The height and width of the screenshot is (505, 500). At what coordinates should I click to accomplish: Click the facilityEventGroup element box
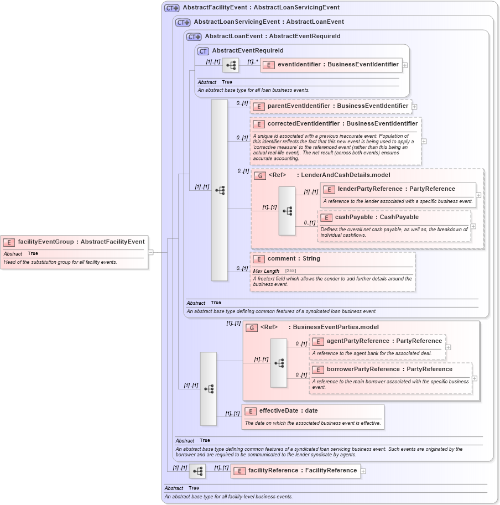[75, 242]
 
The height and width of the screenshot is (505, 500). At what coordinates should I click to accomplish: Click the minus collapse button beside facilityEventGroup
[150, 252]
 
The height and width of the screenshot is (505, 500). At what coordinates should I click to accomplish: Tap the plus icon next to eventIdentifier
[405, 65]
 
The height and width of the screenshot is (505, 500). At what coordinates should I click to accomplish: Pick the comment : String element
[294, 259]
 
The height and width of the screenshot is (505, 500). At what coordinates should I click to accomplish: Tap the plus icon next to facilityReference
[363, 471]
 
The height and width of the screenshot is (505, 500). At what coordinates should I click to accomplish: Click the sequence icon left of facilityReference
[197, 471]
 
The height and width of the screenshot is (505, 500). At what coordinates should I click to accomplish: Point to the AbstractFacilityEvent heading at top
[261, 8]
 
